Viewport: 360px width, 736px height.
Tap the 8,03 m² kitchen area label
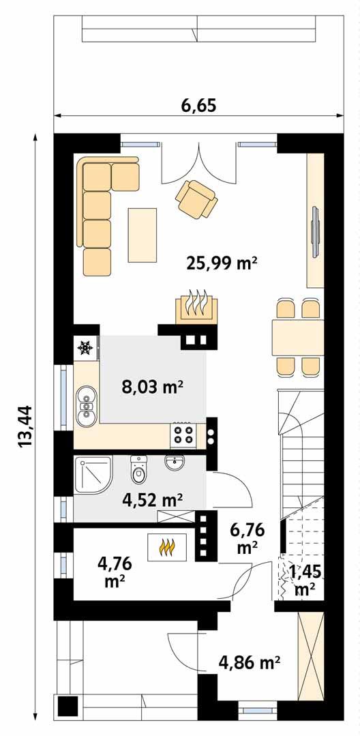152,387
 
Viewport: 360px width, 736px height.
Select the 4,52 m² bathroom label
152,500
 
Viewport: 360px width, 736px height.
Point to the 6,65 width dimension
198,106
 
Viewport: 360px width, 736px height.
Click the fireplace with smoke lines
197,308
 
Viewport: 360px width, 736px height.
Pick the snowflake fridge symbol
85,348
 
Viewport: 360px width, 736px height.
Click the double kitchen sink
87,406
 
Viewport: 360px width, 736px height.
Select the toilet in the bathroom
138,471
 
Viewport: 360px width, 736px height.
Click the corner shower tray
93,475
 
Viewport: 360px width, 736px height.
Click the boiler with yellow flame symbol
168,547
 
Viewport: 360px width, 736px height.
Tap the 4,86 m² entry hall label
250,662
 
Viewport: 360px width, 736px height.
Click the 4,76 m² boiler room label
115,571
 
